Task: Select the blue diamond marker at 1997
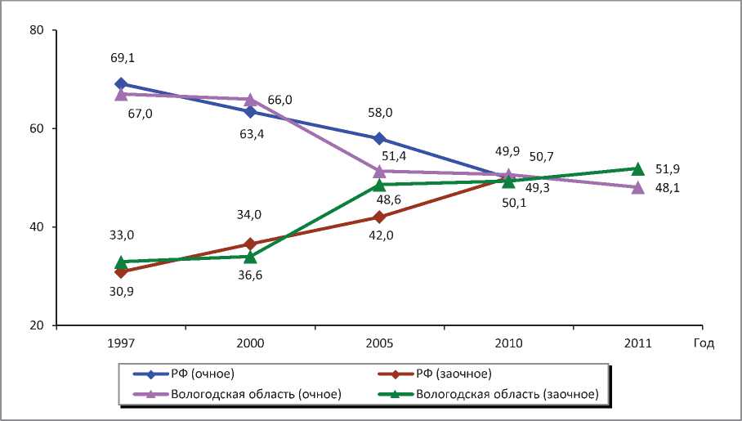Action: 121,83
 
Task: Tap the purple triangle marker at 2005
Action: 379,171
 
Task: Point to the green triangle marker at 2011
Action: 638,168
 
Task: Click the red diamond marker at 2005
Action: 379,217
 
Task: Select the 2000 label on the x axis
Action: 250,343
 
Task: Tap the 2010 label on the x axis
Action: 508,343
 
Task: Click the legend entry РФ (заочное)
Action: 453,374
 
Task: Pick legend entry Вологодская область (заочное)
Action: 507,394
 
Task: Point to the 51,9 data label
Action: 667,169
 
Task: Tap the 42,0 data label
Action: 379,235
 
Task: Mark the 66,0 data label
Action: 279,101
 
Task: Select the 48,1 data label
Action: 667,189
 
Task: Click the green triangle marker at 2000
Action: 250,256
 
